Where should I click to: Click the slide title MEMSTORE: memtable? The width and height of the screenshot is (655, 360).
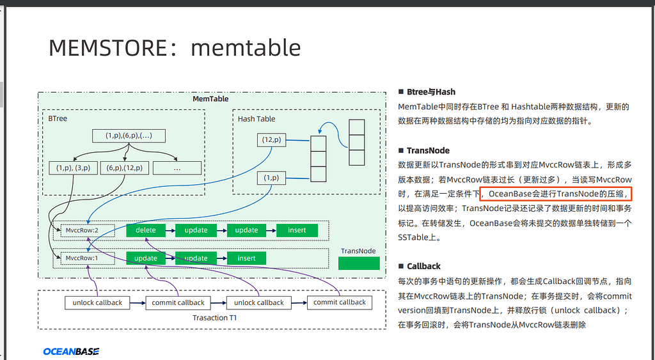click(x=175, y=47)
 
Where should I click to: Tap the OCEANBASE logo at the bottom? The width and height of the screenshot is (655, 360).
click(x=71, y=351)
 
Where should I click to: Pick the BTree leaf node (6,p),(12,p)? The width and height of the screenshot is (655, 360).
click(x=125, y=168)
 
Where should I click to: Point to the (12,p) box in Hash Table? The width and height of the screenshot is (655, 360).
click(x=272, y=139)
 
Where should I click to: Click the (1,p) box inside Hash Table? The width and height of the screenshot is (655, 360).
click(x=271, y=178)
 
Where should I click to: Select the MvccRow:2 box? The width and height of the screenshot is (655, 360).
click(x=80, y=230)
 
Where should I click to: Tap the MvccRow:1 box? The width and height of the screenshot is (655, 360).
click(x=80, y=258)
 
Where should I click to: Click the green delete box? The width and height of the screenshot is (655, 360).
click(x=146, y=230)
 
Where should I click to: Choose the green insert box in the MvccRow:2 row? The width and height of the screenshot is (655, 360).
click(x=297, y=230)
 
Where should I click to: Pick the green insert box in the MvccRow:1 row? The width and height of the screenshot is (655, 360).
click(x=246, y=258)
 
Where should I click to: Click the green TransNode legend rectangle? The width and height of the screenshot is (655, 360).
click(x=358, y=263)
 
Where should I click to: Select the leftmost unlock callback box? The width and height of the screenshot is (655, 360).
click(x=97, y=302)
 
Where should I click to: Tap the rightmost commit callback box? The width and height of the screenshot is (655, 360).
click(x=339, y=302)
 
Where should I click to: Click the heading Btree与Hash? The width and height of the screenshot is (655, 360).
click(x=431, y=92)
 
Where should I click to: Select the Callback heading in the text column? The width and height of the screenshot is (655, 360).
click(x=423, y=266)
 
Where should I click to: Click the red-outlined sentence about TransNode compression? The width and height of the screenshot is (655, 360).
click(x=556, y=194)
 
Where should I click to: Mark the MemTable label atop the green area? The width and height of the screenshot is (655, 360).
click(x=210, y=99)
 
